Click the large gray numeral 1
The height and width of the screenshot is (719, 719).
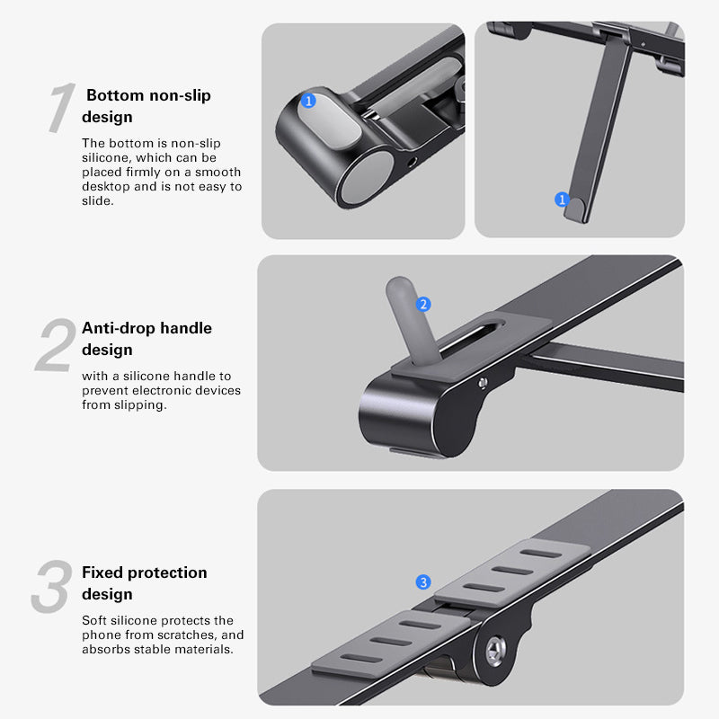[59, 110]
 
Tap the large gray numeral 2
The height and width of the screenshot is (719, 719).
[55, 346]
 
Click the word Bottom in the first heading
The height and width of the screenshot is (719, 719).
[114, 95]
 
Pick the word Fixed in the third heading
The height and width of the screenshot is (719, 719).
[102, 573]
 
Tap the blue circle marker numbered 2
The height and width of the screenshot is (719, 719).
[424, 305]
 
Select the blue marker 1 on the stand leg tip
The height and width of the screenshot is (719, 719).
[563, 200]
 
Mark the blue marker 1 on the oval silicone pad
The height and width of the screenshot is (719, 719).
[309, 101]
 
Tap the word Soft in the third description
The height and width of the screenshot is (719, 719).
[95, 620]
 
